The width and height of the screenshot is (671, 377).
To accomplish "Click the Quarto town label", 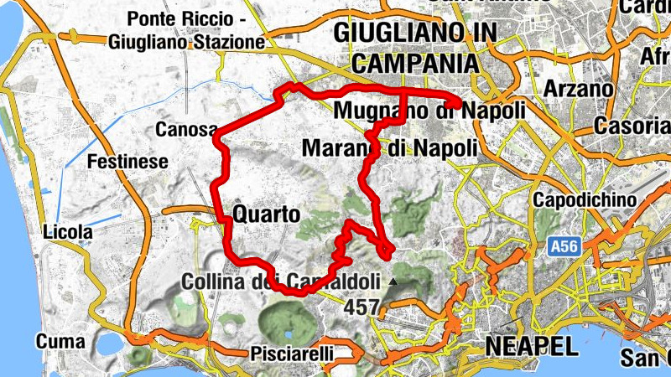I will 267,214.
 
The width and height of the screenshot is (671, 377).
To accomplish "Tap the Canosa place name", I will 186,130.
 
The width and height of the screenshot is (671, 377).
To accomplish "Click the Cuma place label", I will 60,342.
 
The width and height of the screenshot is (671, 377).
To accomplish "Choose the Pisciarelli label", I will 293,354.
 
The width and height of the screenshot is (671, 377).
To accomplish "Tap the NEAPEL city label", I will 531,346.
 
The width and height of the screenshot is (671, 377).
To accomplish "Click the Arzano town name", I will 579,89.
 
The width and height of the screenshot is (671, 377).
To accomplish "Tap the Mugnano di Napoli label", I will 429,111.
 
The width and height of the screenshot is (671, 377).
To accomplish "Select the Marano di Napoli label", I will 389,147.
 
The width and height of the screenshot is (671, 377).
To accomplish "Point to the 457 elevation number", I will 362,307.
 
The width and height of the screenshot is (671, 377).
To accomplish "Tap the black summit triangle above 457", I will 393,282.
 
